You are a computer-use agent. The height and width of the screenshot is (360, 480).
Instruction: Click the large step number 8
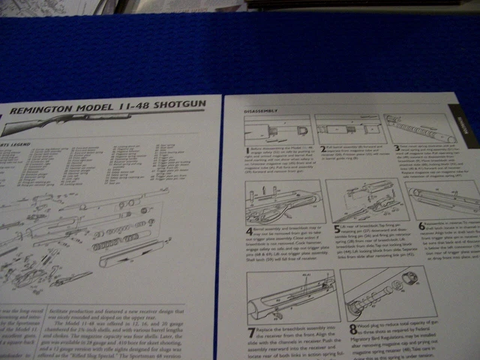(353, 328)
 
